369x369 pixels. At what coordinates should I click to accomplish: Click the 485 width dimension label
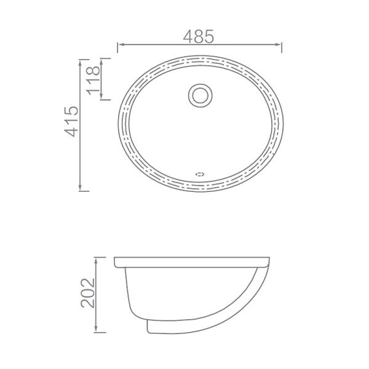[x=199, y=36]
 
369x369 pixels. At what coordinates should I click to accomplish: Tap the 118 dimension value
[x=94, y=79]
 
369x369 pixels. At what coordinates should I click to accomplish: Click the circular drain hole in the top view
[x=199, y=95]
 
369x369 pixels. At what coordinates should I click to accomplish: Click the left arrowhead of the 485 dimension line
[x=119, y=45]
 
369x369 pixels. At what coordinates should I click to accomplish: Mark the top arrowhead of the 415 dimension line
[x=81, y=61]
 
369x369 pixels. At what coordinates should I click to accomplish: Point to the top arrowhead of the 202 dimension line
[x=96, y=258]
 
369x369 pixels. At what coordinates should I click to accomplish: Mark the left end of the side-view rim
[x=115, y=263]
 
